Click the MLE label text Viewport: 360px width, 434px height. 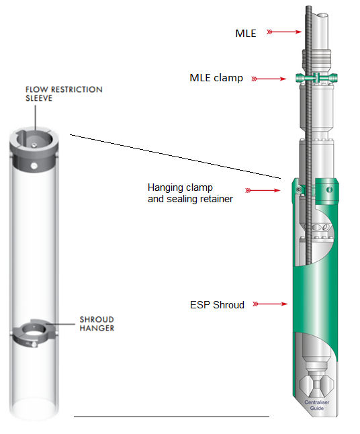point(245,33)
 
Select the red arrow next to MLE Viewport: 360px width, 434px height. point(284,32)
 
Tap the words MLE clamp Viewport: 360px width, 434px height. point(216,78)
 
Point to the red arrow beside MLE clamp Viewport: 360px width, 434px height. point(269,79)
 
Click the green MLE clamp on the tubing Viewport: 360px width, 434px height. point(316,78)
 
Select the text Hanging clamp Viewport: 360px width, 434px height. point(180,187)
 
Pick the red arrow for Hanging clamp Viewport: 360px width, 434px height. point(263,190)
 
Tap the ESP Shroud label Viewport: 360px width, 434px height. point(217,305)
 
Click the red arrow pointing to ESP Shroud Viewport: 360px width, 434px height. point(270,304)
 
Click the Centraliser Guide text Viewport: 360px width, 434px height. point(317,405)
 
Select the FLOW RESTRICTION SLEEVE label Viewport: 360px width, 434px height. point(64,93)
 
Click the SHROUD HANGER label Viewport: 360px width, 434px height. point(97,324)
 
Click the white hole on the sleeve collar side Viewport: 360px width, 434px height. point(34,166)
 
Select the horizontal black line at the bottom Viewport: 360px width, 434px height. point(171,417)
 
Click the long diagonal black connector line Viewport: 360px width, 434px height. point(175,157)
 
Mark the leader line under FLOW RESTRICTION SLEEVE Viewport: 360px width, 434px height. point(36,118)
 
